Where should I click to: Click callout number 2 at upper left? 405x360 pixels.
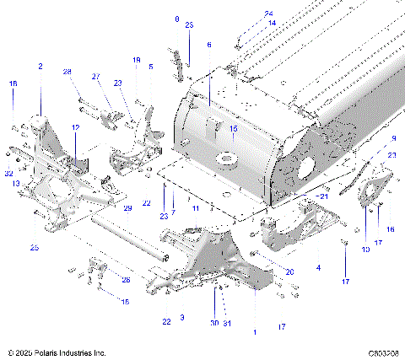pyautogui.click(x=40, y=66)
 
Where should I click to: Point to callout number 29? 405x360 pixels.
pyautogui.click(x=128, y=208)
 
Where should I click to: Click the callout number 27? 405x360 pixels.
pyautogui.click(x=95, y=77)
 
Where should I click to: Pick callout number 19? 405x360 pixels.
pyautogui.click(x=136, y=60)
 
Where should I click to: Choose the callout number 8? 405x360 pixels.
pyautogui.click(x=176, y=19)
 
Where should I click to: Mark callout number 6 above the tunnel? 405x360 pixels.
pyautogui.click(x=209, y=45)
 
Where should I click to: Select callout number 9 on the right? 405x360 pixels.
pyautogui.click(x=392, y=138)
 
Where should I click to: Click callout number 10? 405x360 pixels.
pyautogui.click(x=365, y=250)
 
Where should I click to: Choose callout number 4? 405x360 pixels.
pyautogui.click(x=317, y=267)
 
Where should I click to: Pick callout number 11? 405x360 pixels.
pyautogui.click(x=195, y=207)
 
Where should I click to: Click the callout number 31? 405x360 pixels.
pyautogui.click(x=228, y=323)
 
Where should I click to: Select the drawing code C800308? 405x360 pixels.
pyautogui.click(x=383, y=352)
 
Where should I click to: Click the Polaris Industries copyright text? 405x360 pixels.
pyautogui.click(x=55, y=352)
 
